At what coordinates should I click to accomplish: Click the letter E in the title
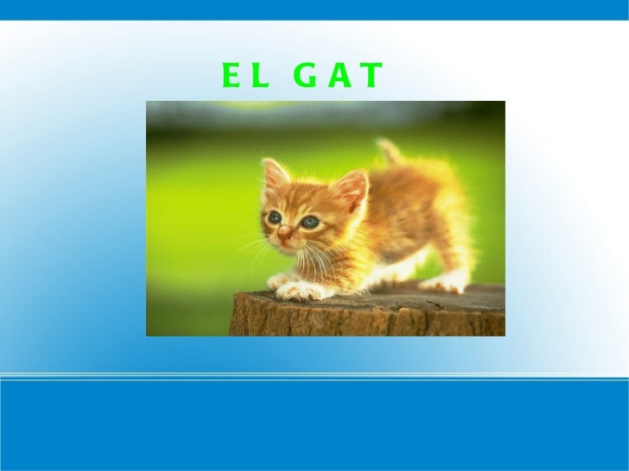pos(230,77)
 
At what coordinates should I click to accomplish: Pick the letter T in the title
pos(370,77)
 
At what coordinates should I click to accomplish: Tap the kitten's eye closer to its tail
pos(309,222)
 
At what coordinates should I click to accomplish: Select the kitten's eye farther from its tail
pos(275,217)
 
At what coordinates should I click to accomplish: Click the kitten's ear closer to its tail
pos(353,190)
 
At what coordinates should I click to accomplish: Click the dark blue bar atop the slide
pos(314,9)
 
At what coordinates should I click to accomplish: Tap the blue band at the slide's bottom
pos(314,427)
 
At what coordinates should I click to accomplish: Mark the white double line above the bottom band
pos(314,376)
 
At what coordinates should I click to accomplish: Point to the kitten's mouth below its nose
pos(285,245)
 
